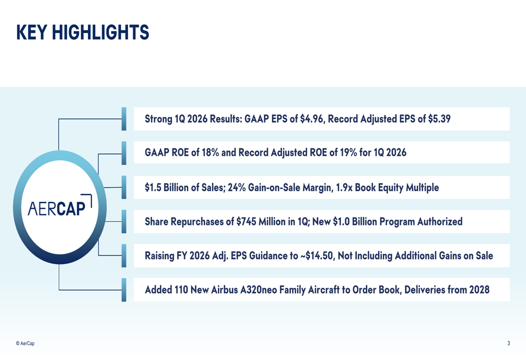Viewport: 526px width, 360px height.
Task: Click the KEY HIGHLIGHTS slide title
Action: (x=83, y=33)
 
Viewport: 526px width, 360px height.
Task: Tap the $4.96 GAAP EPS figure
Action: (x=311, y=119)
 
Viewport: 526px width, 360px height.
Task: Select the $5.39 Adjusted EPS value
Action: (x=439, y=119)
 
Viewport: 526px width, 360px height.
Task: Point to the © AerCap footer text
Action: (x=25, y=343)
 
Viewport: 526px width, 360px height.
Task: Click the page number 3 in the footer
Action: (x=508, y=343)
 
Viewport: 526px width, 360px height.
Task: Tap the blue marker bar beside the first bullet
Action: (x=124, y=119)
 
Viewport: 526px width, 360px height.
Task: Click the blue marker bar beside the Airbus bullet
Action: (x=124, y=290)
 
